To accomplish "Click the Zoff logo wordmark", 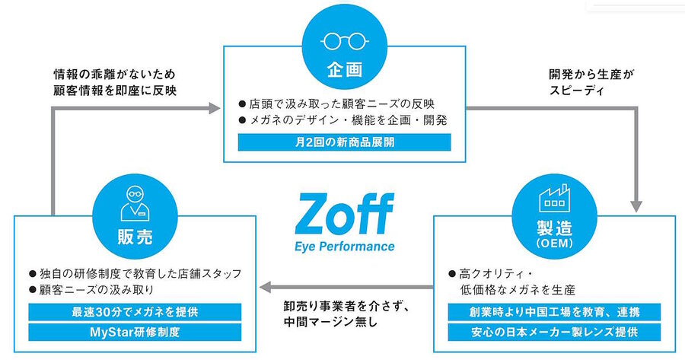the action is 345,214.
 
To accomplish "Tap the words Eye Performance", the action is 345,247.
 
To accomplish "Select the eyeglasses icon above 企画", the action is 344,42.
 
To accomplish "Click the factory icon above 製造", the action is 554,197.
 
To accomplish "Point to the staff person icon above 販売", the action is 135,203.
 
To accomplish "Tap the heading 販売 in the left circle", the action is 135,237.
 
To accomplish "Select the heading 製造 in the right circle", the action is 554,227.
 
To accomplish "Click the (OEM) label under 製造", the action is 554,243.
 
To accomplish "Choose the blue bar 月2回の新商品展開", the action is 344,142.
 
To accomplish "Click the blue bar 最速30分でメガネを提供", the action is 135,312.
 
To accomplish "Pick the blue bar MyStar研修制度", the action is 135,332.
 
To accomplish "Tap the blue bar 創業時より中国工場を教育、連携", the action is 554,312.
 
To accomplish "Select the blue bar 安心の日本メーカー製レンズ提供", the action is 554,332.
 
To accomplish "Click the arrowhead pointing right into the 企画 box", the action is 215,108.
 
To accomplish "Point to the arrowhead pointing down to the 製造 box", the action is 636,206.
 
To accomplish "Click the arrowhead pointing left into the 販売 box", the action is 266,287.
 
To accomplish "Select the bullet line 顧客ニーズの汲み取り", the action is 91,289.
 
